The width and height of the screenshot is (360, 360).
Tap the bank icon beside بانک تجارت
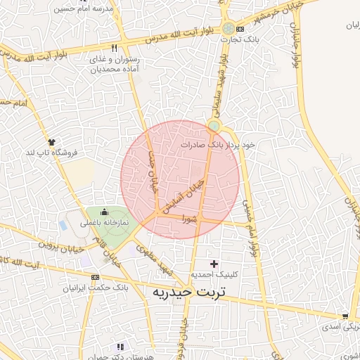(x=240, y=30)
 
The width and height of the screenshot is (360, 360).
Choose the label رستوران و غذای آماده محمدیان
(x=115, y=65)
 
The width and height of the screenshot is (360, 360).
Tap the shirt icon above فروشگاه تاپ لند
(x=51, y=141)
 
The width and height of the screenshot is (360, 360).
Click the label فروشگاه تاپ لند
(x=51, y=152)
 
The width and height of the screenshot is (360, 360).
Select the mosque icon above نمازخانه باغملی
(x=104, y=212)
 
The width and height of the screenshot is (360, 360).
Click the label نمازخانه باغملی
(x=104, y=222)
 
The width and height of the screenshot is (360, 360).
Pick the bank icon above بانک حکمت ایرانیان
(x=94, y=277)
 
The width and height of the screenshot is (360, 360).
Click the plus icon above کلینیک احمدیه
(x=214, y=263)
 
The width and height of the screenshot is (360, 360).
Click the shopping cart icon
(x=345, y=317)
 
